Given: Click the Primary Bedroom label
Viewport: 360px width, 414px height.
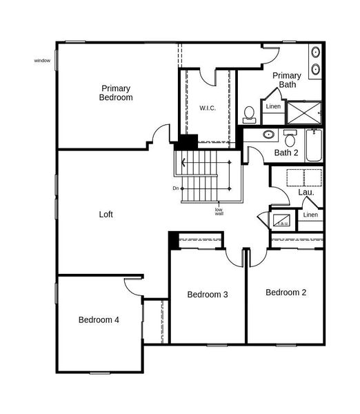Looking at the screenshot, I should point(116,92).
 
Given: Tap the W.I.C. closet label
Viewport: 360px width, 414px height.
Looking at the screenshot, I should point(208,108).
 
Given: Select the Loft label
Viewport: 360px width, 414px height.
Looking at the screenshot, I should point(106,215).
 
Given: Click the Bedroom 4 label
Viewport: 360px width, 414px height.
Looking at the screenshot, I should point(99,319).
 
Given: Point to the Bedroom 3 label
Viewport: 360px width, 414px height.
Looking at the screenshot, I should point(208,295).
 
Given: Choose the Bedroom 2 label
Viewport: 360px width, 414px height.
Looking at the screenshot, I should point(286,293).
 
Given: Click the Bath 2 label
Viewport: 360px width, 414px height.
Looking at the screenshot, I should point(286,152).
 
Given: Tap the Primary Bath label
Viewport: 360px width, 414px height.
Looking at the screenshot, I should point(286,79).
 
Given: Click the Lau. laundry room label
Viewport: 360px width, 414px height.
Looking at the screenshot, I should point(306,193).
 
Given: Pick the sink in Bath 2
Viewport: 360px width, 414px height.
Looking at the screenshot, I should point(268,135).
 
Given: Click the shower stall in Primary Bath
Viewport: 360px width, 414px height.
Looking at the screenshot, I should point(303,112).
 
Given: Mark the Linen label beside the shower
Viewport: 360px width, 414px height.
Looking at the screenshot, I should point(273,107).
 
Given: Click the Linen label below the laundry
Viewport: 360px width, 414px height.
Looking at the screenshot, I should point(310,215).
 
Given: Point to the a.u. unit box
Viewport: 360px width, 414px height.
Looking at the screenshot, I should point(283,221).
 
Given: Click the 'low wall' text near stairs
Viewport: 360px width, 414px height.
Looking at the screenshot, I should point(219,211).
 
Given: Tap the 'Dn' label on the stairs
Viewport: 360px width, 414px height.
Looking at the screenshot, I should point(176,188).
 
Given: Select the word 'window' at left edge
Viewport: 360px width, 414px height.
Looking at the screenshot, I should point(42,61).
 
